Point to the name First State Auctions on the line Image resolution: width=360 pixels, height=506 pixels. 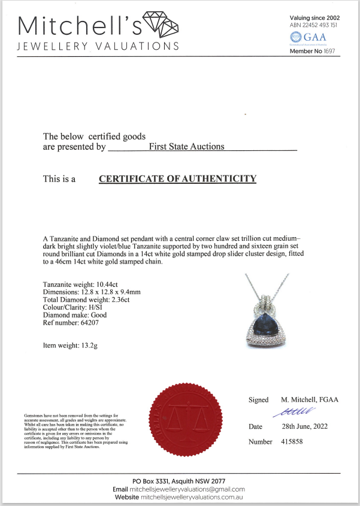pos(186,146)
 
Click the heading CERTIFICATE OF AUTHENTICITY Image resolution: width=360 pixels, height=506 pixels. pos(177,178)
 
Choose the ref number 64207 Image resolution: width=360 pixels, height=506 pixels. pos(93,323)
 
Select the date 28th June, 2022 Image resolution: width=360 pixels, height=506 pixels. pos(305,426)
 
